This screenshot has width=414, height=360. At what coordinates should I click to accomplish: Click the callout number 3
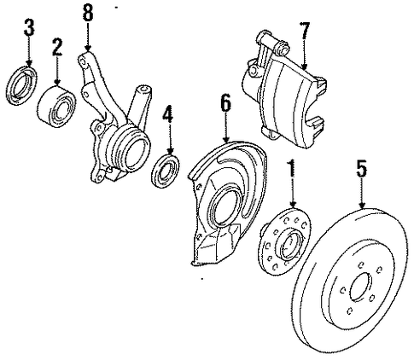29,27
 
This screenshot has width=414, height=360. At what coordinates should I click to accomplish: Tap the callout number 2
57,47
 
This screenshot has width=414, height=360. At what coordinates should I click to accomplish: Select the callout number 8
88,13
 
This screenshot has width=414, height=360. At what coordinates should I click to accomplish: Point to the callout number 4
168,114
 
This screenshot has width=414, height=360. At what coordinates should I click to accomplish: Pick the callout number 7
305,31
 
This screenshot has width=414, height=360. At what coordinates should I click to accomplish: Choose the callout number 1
292,168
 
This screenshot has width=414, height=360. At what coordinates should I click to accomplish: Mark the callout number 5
361,168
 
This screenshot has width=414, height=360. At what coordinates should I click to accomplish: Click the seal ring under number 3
21,85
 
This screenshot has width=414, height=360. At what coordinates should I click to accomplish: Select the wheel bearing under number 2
56,107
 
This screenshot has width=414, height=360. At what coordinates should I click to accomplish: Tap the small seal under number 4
166,171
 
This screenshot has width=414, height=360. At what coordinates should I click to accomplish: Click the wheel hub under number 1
285,241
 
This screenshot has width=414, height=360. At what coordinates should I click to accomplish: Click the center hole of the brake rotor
361,287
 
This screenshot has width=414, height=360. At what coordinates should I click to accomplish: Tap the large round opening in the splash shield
224,207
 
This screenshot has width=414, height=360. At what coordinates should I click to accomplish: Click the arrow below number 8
88,37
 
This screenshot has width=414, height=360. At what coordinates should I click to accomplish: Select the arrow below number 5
362,194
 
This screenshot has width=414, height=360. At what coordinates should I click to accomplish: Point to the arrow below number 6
226,127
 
